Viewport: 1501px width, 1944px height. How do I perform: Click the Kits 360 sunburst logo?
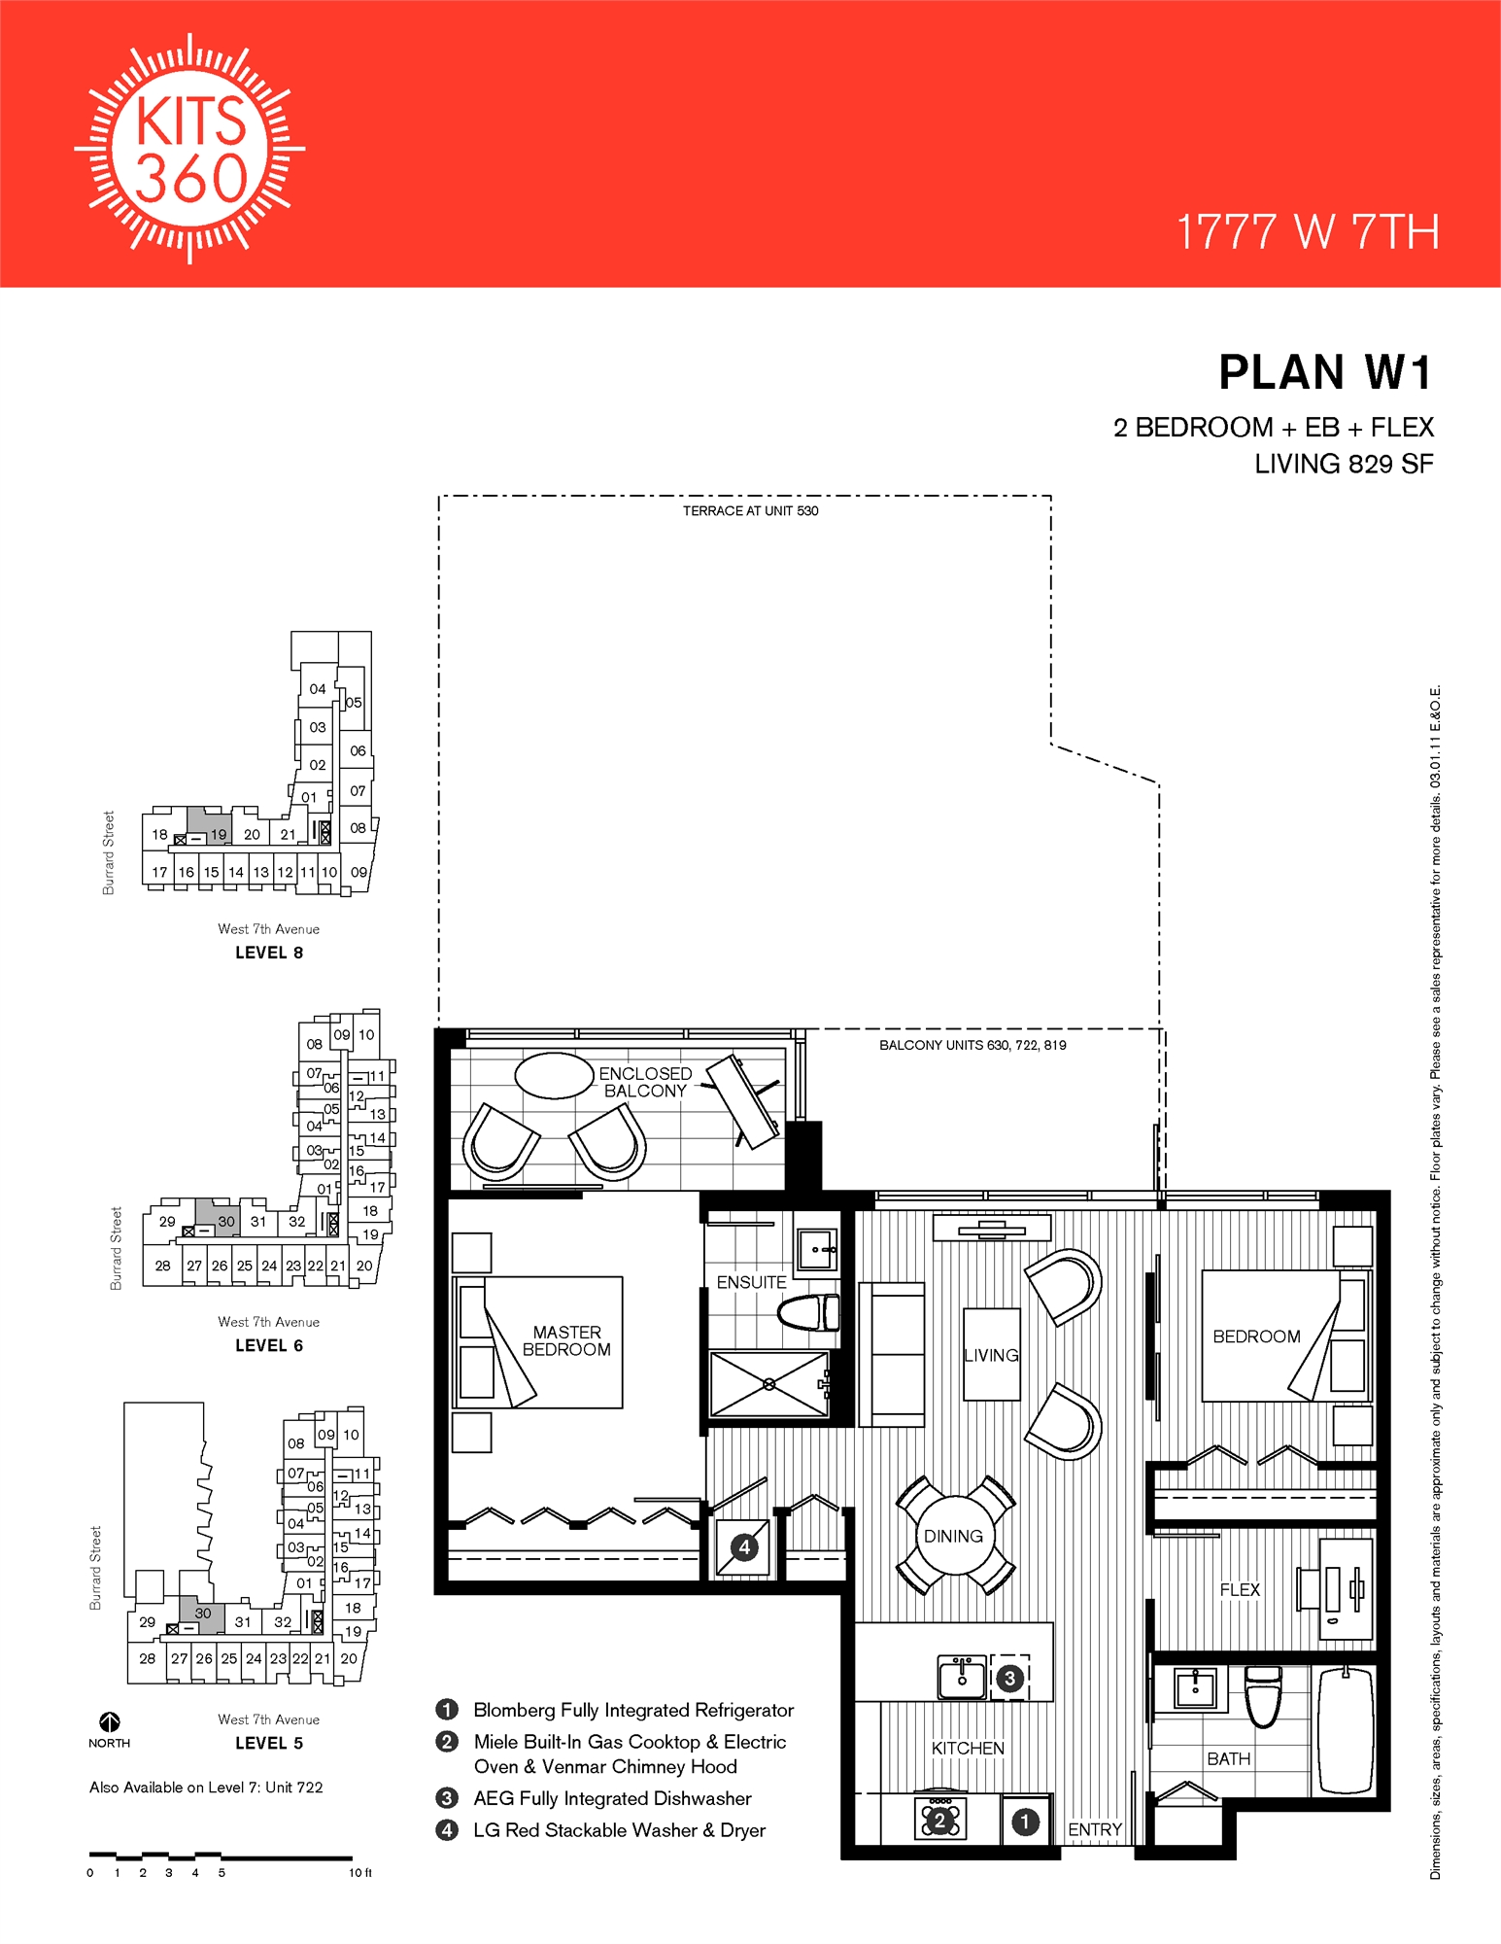(190, 149)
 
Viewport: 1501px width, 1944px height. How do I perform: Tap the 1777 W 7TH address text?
(1307, 232)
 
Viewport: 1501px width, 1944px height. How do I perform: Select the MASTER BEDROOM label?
(566, 1340)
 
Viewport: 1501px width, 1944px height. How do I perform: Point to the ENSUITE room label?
(751, 1282)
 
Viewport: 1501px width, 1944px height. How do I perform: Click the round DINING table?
(953, 1536)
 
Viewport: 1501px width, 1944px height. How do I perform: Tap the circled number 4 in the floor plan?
(744, 1546)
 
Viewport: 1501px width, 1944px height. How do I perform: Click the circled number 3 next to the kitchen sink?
(1009, 1678)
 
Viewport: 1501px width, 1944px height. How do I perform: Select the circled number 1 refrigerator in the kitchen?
(1025, 1822)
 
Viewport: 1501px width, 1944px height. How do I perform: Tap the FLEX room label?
(1240, 1589)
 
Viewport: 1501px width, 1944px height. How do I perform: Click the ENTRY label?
(1095, 1829)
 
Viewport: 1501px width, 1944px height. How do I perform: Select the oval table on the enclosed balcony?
(554, 1075)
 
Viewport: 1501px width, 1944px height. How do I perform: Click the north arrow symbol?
(110, 1722)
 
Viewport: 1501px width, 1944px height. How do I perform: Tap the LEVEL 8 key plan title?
(269, 953)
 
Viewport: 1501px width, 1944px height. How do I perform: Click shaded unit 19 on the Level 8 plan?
(211, 826)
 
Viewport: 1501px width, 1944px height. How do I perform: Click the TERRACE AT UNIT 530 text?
(750, 511)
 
